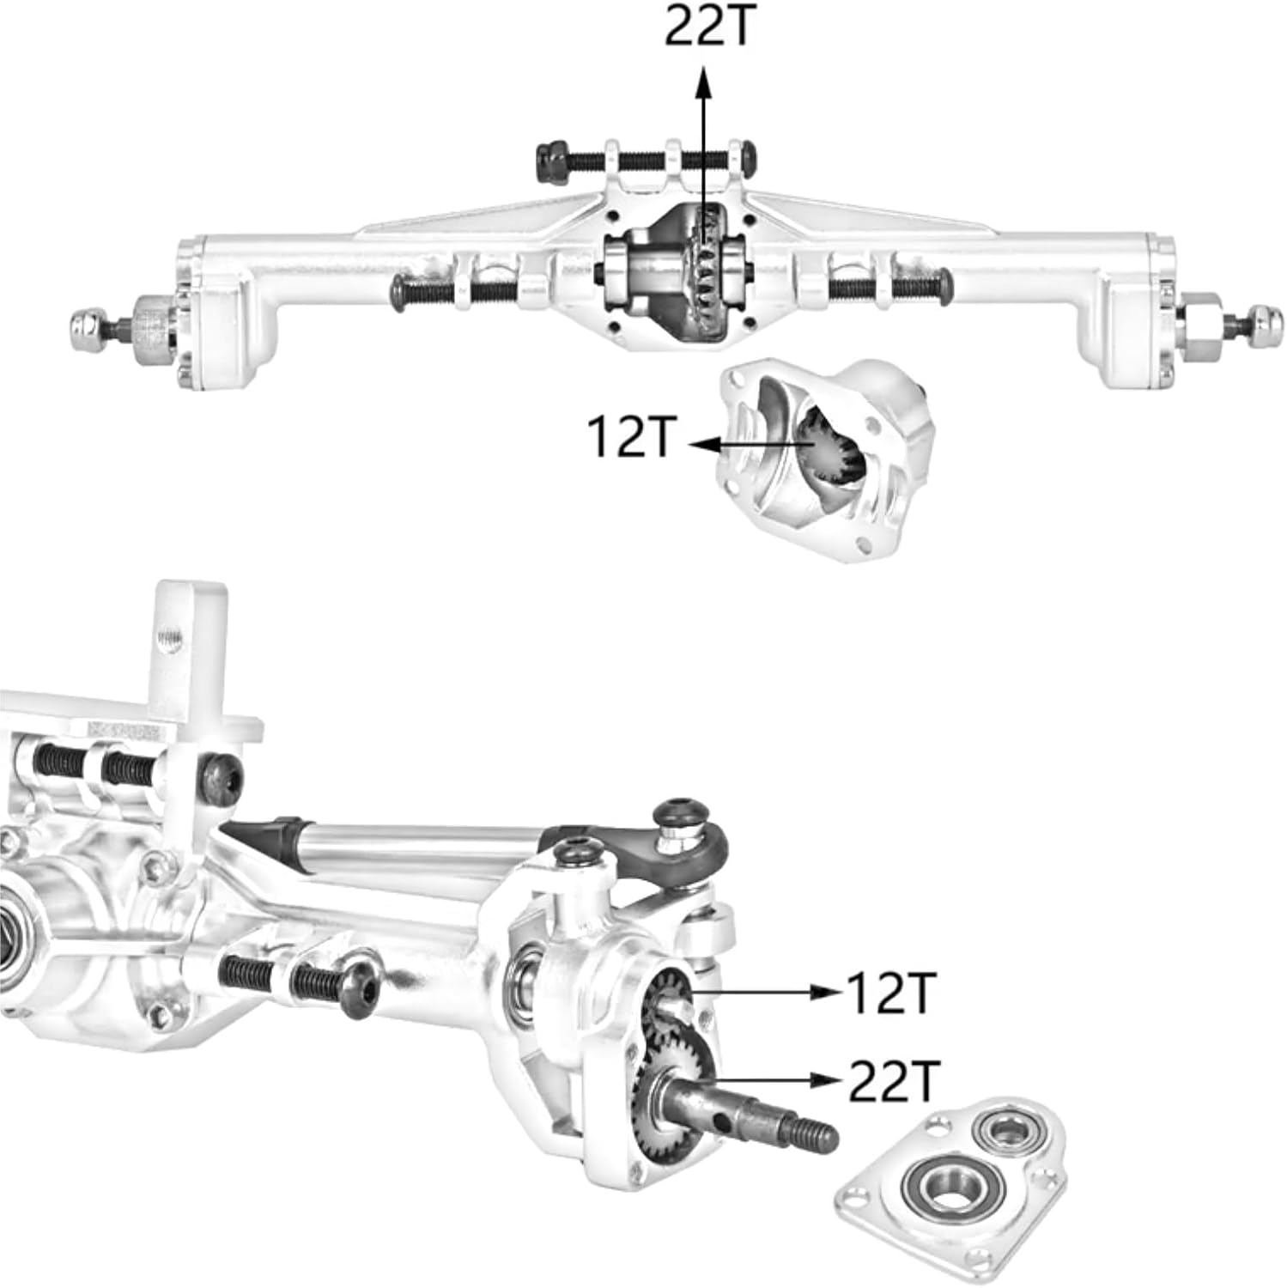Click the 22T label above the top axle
coord(709,27)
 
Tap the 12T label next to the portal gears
coord(889,993)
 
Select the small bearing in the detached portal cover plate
coord(1002,1130)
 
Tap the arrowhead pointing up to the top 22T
coord(704,82)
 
